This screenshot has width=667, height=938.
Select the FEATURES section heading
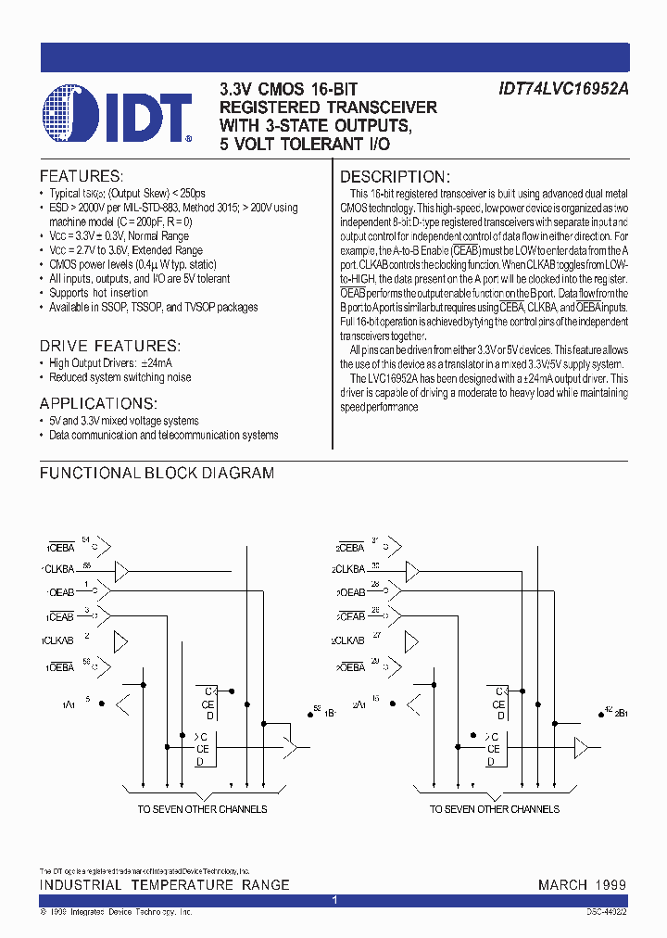point(81,176)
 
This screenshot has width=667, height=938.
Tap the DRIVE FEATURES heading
point(109,345)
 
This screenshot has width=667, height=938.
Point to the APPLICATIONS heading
point(98,403)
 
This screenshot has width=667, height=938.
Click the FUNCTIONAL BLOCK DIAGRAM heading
point(157,473)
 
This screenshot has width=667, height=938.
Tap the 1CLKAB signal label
point(57,640)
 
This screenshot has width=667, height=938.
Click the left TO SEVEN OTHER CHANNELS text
point(202,809)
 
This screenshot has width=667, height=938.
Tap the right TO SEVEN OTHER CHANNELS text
point(494,809)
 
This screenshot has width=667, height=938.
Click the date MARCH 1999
point(582,885)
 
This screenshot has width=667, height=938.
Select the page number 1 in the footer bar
point(334,900)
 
